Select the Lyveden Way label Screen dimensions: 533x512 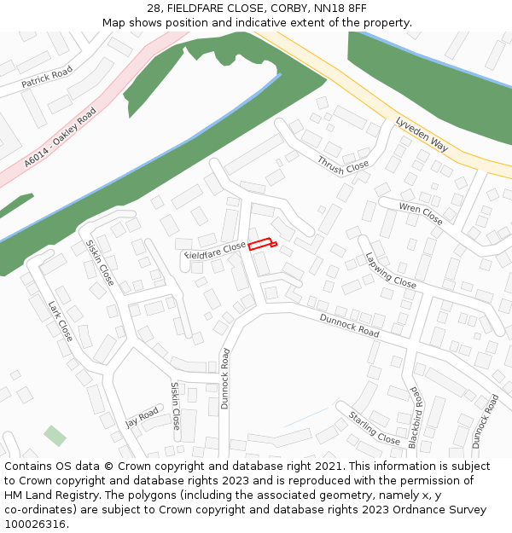pos(422,135)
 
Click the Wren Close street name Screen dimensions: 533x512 pos(422,213)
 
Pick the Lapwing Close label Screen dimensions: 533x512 pos(391,270)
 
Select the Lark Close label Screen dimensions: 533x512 pos(60,321)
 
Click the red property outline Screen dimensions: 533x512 pos(262,245)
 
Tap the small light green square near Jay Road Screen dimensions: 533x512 pos(55,436)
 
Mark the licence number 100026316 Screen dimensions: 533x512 pos(35,524)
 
